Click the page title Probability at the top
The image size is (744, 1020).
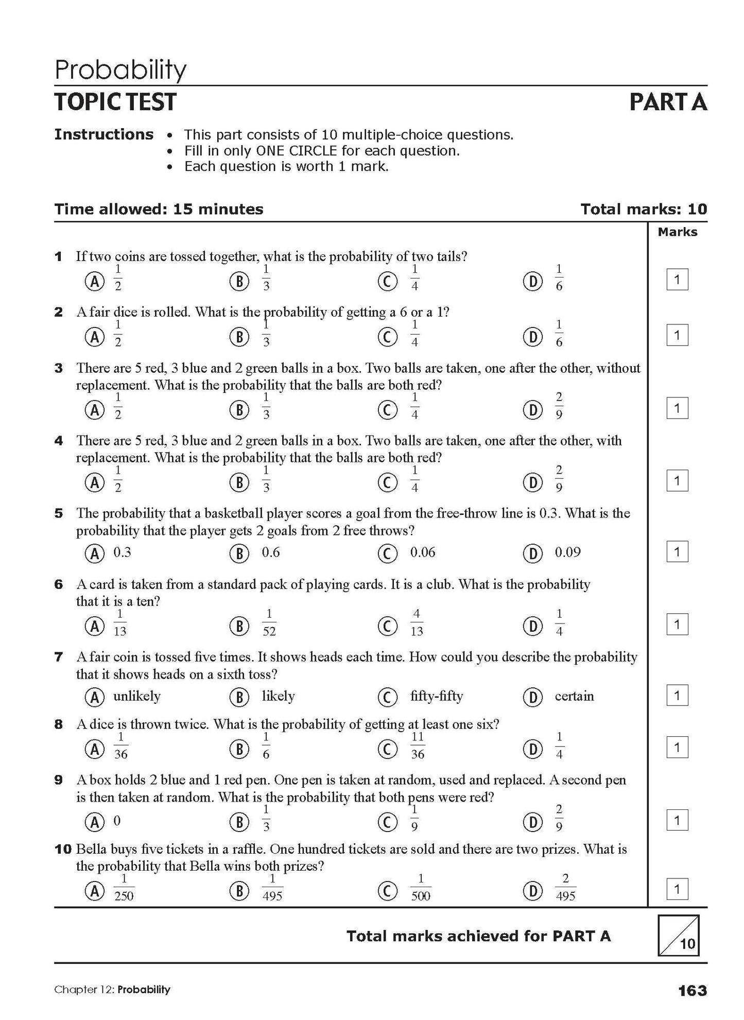(120, 70)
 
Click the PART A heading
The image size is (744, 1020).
(668, 102)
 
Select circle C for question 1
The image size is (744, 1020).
(387, 281)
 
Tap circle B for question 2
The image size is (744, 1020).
(239, 337)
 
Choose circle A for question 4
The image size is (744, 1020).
(94, 482)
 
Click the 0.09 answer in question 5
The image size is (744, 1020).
(567, 552)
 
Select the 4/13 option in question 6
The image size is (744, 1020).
(417, 623)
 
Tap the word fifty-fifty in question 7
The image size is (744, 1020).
(436, 696)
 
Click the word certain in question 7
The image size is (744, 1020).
(574, 696)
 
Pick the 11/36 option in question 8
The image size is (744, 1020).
(418, 746)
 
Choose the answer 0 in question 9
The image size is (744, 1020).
(117, 821)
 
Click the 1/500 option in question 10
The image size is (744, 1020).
(421, 888)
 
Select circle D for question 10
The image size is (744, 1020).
(532, 891)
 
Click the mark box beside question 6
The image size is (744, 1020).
(677, 625)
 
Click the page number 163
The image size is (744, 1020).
(693, 990)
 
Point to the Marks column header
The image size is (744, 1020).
(677, 232)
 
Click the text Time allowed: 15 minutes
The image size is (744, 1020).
(159, 209)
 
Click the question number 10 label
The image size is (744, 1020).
(63, 849)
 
